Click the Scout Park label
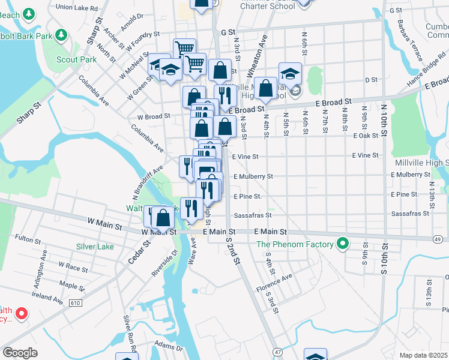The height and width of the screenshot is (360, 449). (x=76, y=60)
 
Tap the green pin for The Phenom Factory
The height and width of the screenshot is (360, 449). (x=342, y=244)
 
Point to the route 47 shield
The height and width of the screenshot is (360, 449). (x=277, y=350)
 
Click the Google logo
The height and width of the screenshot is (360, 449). (x=19, y=353)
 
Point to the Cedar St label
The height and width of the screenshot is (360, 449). (x=137, y=253)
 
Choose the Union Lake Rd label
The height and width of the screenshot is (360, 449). (x=76, y=8)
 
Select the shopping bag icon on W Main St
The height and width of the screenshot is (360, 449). (x=162, y=218)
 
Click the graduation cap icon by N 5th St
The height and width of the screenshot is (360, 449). (x=290, y=74)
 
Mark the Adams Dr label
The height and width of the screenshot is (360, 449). (x=168, y=347)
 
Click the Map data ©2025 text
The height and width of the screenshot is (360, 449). (x=424, y=355)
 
